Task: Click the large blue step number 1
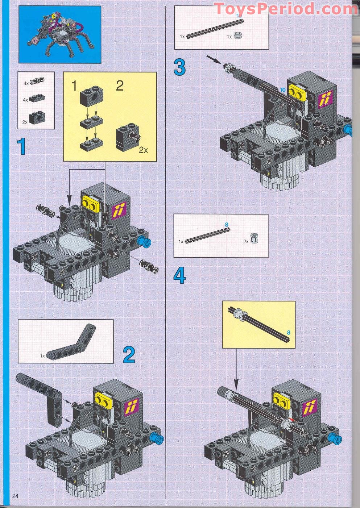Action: (x=22, y=147)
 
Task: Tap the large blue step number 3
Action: (x=179, y=67)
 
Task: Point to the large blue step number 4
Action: (x=179, y=276)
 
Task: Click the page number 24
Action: (x=15, y=496)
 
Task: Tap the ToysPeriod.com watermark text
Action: (x=286, y=9)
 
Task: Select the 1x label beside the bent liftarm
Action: (x=42, y=356)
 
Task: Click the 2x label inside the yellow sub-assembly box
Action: (x=144, y=150)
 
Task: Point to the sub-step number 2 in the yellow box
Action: (x=120, y=86)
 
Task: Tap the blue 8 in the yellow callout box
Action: (x=289, y=332)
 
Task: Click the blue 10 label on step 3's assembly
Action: (x=283, y=89)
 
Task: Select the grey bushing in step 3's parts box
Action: (x=238, y=36)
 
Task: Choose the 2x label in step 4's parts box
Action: (x=246, y=241)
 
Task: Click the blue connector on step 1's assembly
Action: (x=144, y=241)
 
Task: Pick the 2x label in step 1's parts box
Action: (x=25, y=122)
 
